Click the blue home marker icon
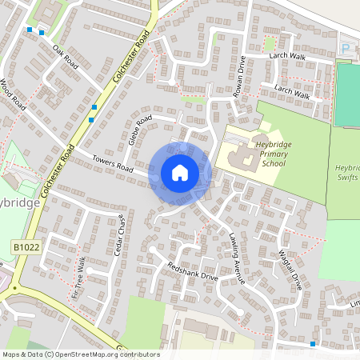click(179, 173)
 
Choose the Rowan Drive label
click(239, 76)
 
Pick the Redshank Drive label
click(192, 270)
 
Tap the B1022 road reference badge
click(26, 249)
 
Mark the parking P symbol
click(346, 49)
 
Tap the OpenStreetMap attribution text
click(81, 354)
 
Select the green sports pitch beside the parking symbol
click(347, 94)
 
